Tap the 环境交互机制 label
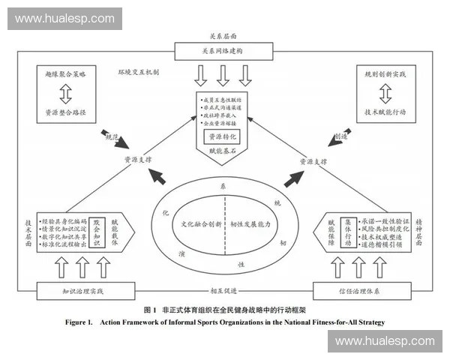[140, 73]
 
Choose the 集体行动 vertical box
[349, 227]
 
